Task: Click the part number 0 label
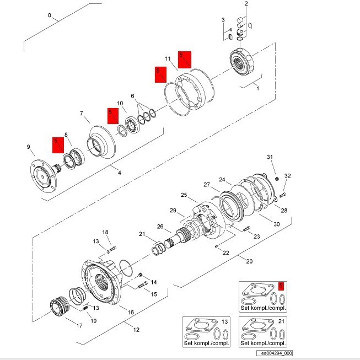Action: click(x=50, y=15)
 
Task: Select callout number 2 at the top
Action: click(x=246, y=4)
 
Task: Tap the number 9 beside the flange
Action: click(x=28, y=147)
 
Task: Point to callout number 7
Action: click(x=81, y=114)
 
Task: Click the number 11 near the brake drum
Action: click(x=169, y=58)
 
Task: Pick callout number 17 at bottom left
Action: click(x=79, y=326)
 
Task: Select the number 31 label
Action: click(x=270, y=158)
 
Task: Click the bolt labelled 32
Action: click(x=283, y=195)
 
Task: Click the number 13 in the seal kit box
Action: click(x=224, y=321)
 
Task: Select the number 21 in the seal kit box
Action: click(x=282, y=321)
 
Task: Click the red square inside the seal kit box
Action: click(x=282, y=286)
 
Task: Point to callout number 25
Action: click(x=184, y=195)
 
